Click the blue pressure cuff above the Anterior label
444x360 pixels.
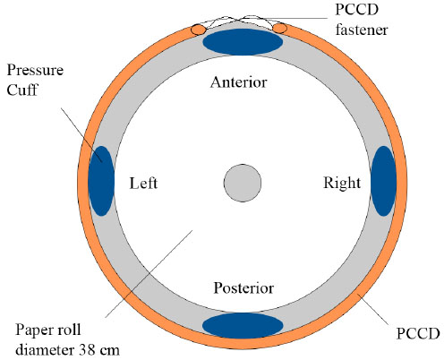pos(243,42)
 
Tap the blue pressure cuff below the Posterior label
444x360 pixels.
pos(243,326)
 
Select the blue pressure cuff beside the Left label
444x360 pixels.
pos(101,181)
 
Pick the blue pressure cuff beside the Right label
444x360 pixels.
pos(384,181)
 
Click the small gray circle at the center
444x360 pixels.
pos(243,183)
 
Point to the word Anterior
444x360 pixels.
pos(238,82)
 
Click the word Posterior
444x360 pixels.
pos(243,288)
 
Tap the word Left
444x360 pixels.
pos(143,183)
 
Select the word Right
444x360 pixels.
pos(342,183)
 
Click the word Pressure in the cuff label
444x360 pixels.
pos(35,71)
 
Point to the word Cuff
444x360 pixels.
pos(22,90)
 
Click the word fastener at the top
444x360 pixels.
pos(362,30)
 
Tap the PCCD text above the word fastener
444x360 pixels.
pos(357,10)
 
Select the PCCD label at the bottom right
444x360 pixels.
pos(418,333)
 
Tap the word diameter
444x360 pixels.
pos(45,349)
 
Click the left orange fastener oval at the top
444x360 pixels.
pos(199,30)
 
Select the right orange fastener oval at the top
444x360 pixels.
pos(280,29)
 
